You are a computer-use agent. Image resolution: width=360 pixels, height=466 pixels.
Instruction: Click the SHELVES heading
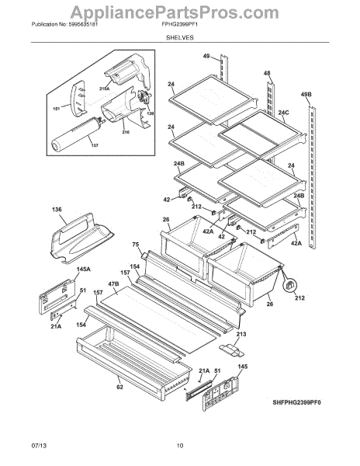pyautogui.click(x=179, y=37)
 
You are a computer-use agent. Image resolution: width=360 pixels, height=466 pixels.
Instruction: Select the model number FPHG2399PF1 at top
pyautogui.click(x=179, y=24)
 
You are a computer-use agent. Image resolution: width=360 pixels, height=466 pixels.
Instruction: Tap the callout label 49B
pyautogui.click(x=306, y=95)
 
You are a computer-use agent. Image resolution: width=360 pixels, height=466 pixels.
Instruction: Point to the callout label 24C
pyautogui.click(x=283, y=113)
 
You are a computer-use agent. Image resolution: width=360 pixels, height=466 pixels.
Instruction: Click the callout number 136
pyautogui.click(x=57, y=209)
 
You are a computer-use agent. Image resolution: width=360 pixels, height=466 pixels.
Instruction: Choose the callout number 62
pyautogui.click(x=119, y=387)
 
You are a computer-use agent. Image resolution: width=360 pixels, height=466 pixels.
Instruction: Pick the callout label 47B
pyautogui.click(x=113, y=283)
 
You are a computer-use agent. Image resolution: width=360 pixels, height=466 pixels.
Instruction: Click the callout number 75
pyautogui.click(x=136, y=245)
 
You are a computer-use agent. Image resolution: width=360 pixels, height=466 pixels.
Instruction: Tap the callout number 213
pyautogui.click(x=241, y=334)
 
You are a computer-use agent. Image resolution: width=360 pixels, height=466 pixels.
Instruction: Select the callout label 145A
pyautogui.click(x=83, y=269)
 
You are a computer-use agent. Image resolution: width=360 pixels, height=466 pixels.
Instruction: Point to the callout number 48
pyautogui.click(x=267, y=73)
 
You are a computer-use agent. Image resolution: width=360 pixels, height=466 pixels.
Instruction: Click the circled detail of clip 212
pyautogui.click(x=290, y=285)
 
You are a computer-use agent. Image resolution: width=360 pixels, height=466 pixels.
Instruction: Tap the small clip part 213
pyautogui.click(x=232, y=350)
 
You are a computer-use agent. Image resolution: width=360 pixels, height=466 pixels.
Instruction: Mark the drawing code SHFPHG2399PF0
pyautogui.click(x=297, y=402)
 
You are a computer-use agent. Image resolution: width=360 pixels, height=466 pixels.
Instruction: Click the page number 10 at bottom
pyautogui.click(x=180, y=445)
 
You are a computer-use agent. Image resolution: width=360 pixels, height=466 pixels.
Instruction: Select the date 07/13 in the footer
pyautogui.click(x=39, y=445)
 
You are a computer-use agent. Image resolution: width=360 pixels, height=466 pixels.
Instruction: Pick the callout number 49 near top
pyautogui.click(x=206, y=56)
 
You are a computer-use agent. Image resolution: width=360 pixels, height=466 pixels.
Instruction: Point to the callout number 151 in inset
pyautogui.click(x=56, y=109)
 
